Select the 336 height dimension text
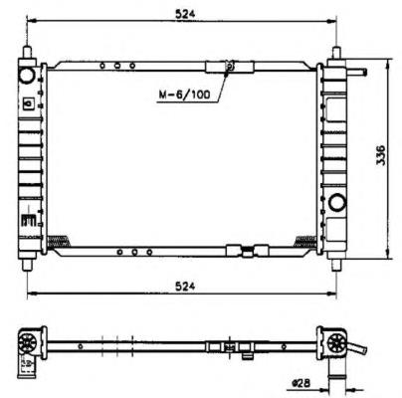click(381, 157)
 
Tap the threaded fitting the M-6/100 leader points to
click(230, 68)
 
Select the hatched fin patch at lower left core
click(60, 239)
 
